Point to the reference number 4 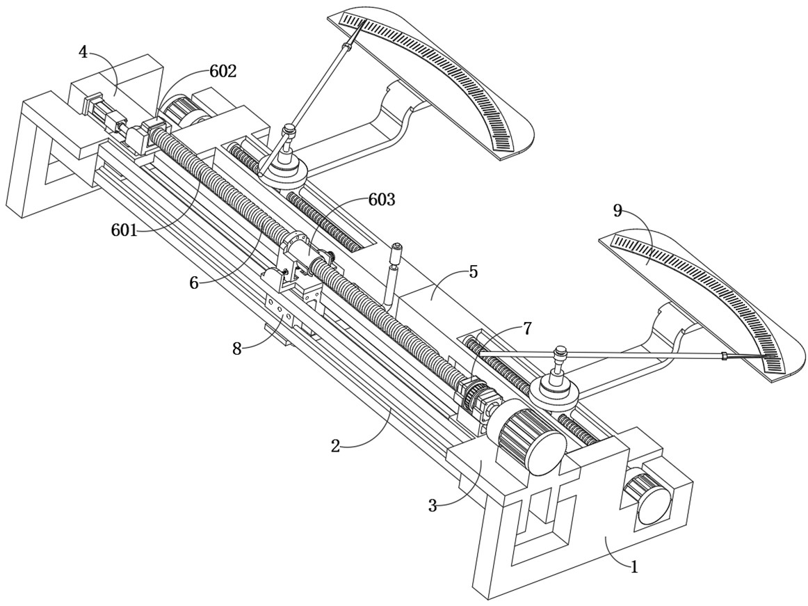pos(83,52)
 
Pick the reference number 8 pos(238,348)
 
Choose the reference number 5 pos(473,271)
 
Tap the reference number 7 pos(527,328)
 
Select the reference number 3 pos(433,506)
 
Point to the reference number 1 pos(633,566)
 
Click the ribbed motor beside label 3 pos(531,439)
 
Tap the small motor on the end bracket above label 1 pos(649,497)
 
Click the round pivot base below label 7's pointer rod pos(554,391)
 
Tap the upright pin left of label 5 pos(394,275)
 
